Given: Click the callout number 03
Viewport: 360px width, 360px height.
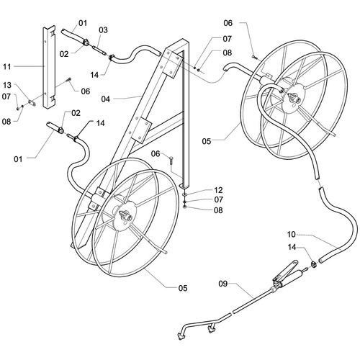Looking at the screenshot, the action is tap(104, 30).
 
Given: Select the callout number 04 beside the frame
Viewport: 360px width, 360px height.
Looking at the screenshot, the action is tap(105, 99).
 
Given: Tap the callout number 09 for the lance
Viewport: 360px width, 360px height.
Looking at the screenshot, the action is tap(222, 284).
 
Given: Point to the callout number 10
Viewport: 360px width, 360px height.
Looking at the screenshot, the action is tap(292, 234).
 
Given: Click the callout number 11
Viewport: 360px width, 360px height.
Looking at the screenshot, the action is tap(7, 66).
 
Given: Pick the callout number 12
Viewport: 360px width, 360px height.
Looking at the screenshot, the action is tap(218, 190).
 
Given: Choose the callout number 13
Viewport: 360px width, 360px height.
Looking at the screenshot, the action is tap(7, 85).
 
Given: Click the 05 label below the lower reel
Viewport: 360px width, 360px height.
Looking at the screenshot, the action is tap(183, 288).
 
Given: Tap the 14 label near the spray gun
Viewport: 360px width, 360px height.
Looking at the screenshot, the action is tap(292, 247).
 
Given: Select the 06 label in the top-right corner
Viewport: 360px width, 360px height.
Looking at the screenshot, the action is tap(228, 23).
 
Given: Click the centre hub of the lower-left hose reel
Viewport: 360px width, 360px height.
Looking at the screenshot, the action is tap(125, 213).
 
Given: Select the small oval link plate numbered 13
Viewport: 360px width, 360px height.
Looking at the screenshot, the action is tap(32, 103).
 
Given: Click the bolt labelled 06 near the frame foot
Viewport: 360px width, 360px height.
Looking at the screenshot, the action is tap(171, 160).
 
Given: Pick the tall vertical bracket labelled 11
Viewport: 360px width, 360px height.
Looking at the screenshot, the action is tap(50, 67).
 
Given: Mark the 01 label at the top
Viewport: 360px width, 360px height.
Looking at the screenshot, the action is tap(83, 23).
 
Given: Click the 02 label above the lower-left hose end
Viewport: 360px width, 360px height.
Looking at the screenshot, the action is tap(76, 113).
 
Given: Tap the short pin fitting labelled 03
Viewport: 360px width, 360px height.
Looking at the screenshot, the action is tap(99, 50).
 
